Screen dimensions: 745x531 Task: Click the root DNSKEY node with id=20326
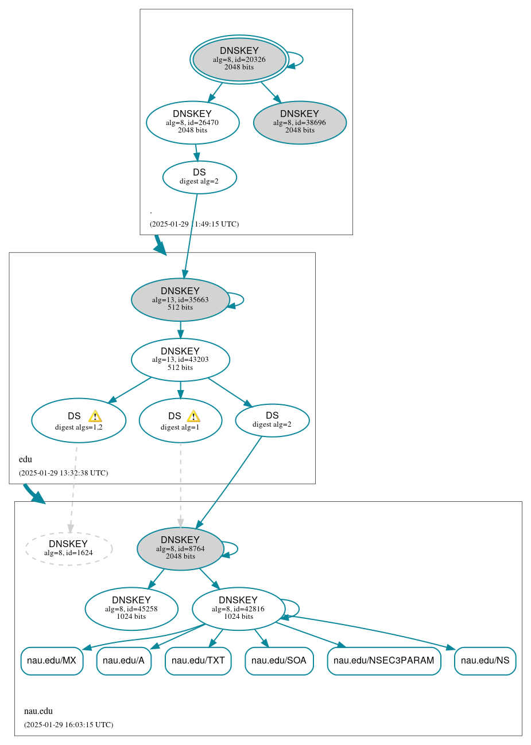click(x=239, y=60)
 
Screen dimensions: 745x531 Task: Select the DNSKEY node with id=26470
click(x=192, y=122)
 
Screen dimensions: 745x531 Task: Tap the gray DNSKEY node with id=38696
click(x=300, y=122)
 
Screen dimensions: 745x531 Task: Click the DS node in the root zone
click(x=199, y=177)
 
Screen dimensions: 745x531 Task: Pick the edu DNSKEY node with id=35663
click(x=180, y=299)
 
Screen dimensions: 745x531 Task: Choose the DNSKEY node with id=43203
click(x=180, y=360)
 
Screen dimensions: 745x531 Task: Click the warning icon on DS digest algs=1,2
click(x=95, y=416)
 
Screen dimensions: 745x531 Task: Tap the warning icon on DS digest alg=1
click(x=193, y=416)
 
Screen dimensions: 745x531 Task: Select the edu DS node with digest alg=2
click(x=272, y=420)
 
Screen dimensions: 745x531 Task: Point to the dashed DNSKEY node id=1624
click(x=68, y=549)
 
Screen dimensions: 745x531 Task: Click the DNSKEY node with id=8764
click(x=180, y=548)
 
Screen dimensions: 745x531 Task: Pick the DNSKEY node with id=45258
click(x=131, y=609)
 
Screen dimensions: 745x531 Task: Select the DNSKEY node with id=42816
click(x=238, y=609)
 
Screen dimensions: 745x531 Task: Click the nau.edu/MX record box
click(x=52, y=661)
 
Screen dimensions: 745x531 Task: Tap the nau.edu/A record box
click(x=123, y=661)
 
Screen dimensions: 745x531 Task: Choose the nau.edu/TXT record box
click(x=198, y=661)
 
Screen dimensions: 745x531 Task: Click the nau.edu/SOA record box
click(x=279, y=661)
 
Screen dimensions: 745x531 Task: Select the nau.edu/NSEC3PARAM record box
click(x=383, y=661)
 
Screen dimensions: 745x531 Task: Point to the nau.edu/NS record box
click(x=485, y=661)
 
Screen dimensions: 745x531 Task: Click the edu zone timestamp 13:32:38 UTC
click(x=63, y=473)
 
